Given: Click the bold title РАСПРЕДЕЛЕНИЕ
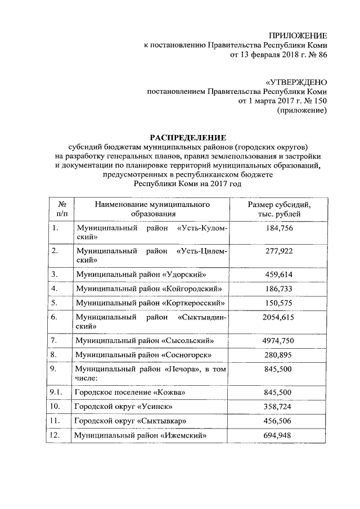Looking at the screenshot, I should click(187, 137).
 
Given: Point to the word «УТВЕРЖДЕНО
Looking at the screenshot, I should click(296, 82).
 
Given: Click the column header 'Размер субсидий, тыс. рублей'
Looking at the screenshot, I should click(279, 209).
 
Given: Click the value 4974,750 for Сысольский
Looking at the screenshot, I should click(279, 340).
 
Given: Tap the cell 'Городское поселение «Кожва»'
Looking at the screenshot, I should click(129, 391).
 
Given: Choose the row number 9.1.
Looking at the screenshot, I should click(56, 391).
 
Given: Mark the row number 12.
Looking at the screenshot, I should click(55, 435).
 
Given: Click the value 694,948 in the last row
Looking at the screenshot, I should click(279, 435).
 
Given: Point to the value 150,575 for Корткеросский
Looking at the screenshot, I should click(279, 303).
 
